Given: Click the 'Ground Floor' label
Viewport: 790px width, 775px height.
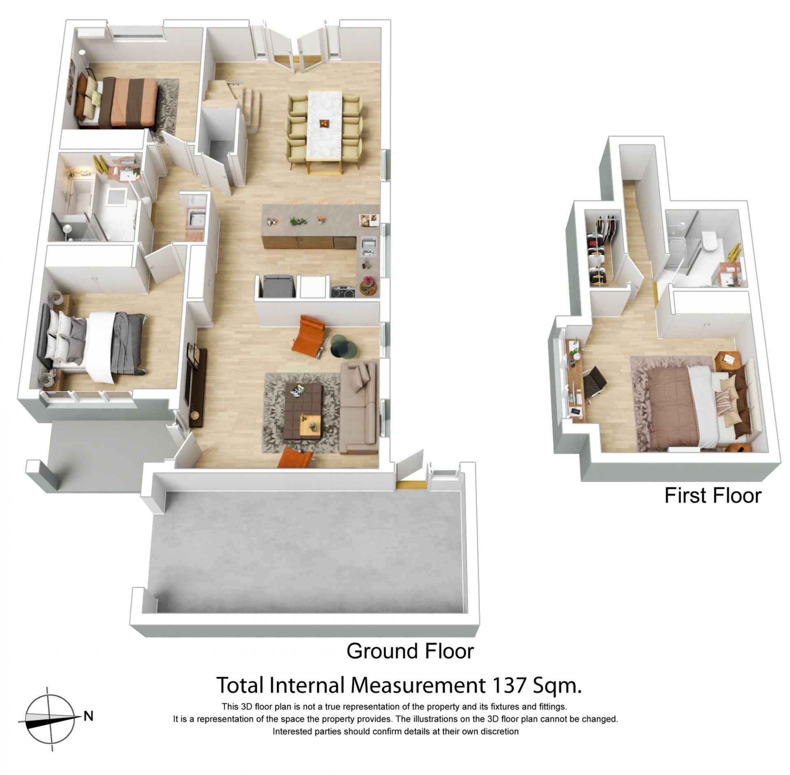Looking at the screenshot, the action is (410, 651).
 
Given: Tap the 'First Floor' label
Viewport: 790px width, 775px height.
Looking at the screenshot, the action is (713, 495).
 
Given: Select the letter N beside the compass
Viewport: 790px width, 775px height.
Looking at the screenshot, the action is (88, 716).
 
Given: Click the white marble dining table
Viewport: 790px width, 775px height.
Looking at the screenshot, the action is (325, 125).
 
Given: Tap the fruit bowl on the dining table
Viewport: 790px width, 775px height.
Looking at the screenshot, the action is (325, 122).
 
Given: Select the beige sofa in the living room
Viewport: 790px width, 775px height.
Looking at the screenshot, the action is (358, 407).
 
